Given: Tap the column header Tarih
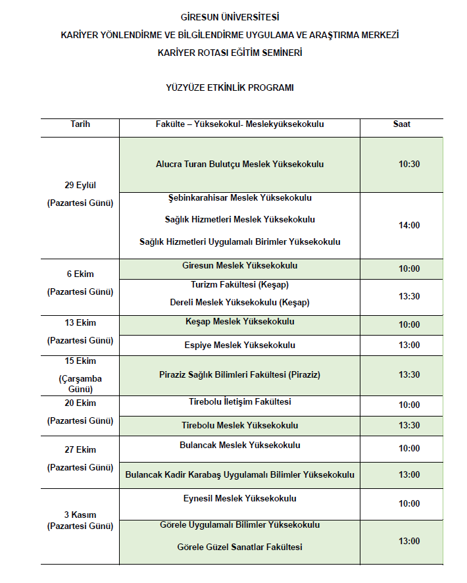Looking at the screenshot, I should tap(80, 124).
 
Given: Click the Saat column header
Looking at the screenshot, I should tap(402, 124).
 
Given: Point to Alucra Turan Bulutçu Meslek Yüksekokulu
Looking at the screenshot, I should tap(239, 165).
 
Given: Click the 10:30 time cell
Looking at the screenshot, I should tap(409, 165).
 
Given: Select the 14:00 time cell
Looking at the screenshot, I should tap(409, 225).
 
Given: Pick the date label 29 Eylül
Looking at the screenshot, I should tap(80, 185).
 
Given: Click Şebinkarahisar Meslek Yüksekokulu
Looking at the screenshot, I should tap(239, 198).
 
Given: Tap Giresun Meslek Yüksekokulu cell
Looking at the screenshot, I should tap(239, 266).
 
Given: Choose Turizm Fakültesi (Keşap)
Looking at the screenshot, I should tap(239, 285).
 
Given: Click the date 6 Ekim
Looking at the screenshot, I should tap(80, 274).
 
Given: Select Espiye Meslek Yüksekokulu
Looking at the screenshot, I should tap(239, 345).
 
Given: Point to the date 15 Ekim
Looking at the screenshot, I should tap(80, 362).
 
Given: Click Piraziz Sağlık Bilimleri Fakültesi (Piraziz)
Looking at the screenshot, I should tap(239, 375).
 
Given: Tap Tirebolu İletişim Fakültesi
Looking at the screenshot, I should tap(239, 401).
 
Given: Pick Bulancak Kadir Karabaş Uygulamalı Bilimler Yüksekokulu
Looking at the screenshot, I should tap(239, 474).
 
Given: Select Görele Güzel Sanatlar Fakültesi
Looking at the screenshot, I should tap(239, 547).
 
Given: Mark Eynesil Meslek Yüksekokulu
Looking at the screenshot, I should tap(239, 499).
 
